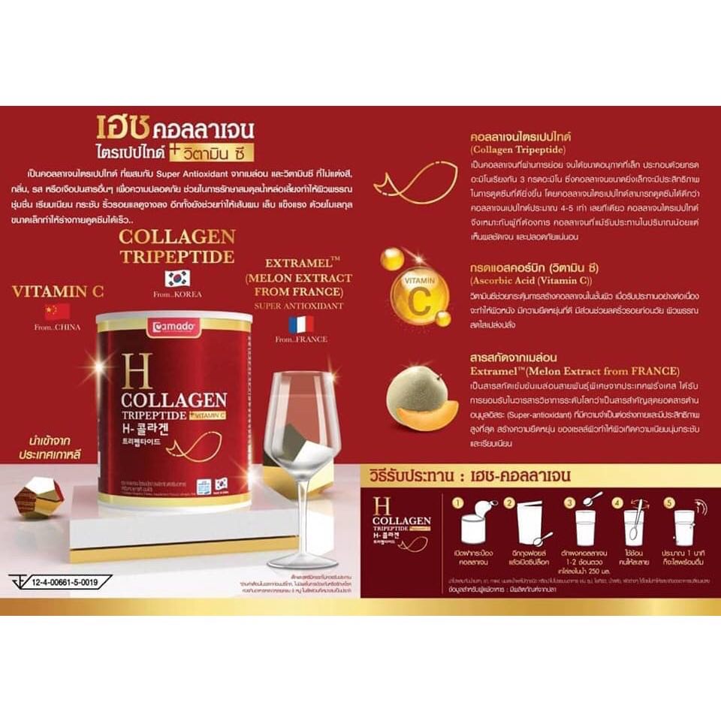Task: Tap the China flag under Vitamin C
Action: [57, 311]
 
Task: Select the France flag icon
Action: [301, 324]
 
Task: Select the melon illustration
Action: [419, 401]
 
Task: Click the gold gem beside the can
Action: [38, 496]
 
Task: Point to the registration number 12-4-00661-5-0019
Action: [65, 581]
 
